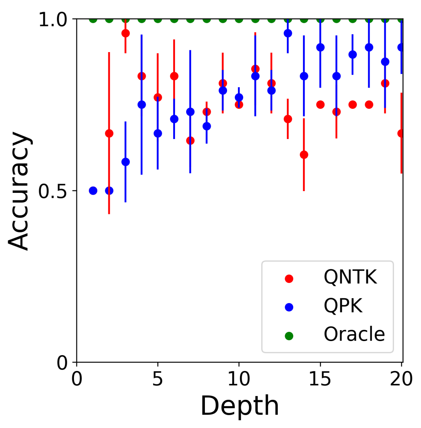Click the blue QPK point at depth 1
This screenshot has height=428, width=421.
(93, 190)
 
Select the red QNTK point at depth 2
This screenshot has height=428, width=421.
(109, 133)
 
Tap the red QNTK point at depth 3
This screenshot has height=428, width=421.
(125, 33)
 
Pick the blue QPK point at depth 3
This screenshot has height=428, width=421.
(125, 162)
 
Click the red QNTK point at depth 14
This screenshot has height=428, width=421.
(304, 155)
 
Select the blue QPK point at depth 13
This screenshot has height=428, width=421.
(288, 33)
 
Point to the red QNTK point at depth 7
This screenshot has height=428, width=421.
(190, 140)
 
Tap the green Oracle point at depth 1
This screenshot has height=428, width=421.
(93, 19)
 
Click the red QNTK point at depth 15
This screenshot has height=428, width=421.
(320, 105)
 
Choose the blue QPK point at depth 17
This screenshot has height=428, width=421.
(352, 55)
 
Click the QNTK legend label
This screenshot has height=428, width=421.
(350, 277)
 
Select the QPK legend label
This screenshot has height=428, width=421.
(343, 306)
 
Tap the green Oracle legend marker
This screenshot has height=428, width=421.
(289, 336)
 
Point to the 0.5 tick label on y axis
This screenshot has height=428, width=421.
(53, 191)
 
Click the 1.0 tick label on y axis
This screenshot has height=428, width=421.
(53, 20)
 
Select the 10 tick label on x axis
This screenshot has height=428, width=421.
(239, 379)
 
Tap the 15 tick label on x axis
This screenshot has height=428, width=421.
(320, 379)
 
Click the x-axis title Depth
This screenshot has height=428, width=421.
(240, 406)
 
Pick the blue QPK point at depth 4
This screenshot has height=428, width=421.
(142, 105)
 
